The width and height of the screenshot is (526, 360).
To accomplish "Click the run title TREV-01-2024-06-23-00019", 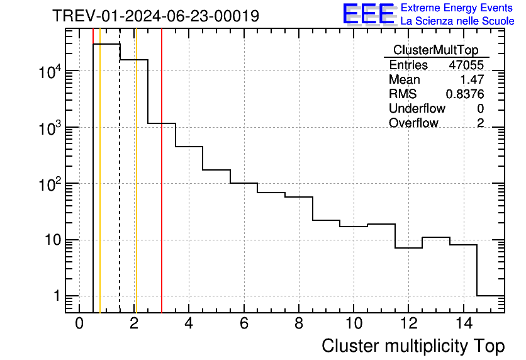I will coord(155,16).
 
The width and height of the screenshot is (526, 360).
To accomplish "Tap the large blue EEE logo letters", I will coord(368,14).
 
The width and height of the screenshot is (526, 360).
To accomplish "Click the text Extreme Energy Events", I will coord(457,8).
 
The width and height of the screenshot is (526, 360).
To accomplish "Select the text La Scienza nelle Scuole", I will coord(457,21).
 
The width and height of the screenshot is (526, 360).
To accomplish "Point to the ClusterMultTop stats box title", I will coord(435,50).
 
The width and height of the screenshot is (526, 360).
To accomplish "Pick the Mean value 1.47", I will coord(473,80).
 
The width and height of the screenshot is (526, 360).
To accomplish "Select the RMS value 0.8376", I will coord(465,94).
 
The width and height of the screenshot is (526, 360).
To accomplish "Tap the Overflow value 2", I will coord(480,123).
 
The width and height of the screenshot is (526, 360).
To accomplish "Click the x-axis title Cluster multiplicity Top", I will coord(413,346).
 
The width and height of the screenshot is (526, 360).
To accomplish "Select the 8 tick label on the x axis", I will coord(298,323).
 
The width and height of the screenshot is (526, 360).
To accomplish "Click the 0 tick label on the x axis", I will coord(79,323).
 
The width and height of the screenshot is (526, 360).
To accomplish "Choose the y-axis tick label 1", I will coord(57,296).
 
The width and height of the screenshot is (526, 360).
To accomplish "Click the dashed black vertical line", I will coord(120,189).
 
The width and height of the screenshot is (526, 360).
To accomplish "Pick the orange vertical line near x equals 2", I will coord(136,189).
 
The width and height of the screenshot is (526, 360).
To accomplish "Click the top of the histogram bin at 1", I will coord(106,44).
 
